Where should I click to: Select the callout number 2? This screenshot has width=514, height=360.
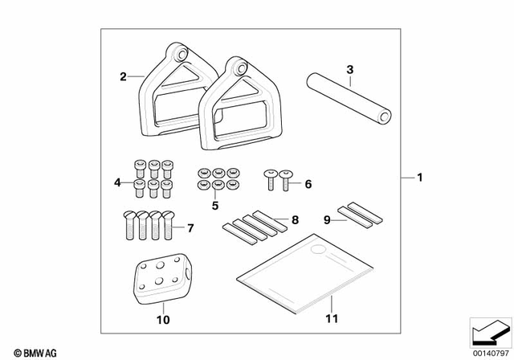point(123,77)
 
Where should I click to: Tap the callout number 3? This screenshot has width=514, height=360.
point(349,70)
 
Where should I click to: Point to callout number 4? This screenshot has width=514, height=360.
point(117,183)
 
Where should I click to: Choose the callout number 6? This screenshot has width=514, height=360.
point(308,184)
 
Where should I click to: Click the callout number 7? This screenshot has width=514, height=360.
point(190,228)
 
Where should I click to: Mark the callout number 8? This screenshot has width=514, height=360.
point(295,219)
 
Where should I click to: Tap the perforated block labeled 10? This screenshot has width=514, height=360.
point(161,278)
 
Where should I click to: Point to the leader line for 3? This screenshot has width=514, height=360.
point(350,80)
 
